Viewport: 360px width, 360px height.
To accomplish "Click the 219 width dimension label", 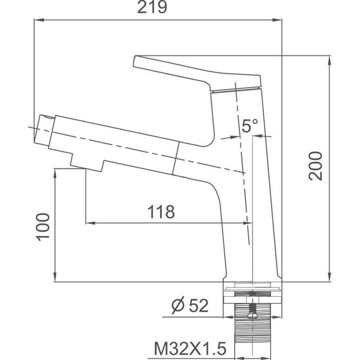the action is [152, 8].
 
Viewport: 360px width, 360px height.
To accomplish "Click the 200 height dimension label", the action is [315, 165].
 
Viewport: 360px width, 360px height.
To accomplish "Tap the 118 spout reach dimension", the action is [161, 212].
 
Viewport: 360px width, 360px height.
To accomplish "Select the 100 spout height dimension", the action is [43, 227].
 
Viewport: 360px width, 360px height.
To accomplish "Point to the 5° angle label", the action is [250, 126].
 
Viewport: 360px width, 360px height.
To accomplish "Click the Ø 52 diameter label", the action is [190, 306].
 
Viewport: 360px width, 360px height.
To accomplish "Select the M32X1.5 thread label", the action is [190, 349].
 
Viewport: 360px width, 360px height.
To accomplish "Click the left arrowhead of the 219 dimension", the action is [39, 20].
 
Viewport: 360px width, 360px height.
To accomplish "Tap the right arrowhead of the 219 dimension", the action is [277, 20].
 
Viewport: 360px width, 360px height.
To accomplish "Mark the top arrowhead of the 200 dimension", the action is [330, 60].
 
